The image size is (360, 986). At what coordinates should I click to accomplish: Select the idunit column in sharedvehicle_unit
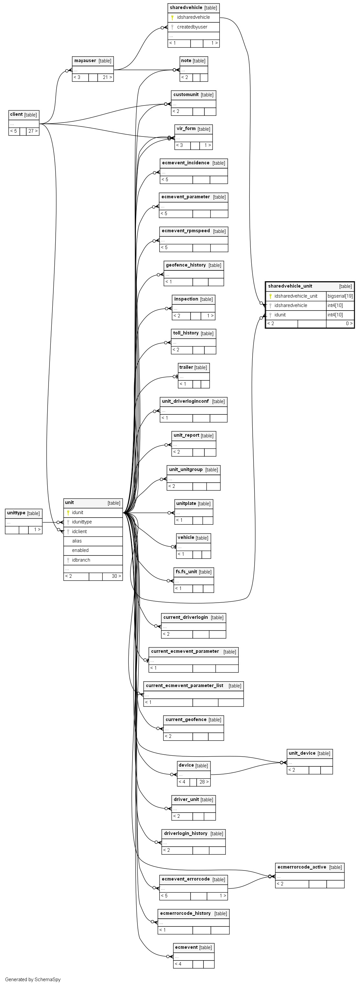[280, 315]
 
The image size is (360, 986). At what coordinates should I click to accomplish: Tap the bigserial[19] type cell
[340, 296]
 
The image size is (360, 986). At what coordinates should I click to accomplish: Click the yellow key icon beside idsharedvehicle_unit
[270, 296]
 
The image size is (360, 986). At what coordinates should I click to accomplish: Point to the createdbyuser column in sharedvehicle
[192, 27]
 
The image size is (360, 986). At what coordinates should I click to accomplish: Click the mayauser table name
[85, 60]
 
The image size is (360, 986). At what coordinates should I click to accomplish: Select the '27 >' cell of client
[33, 131]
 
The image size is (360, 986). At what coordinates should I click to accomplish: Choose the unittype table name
[16, 513]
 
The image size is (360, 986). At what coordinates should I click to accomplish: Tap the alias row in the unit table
[77, 541]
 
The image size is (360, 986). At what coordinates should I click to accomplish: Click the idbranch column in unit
[81, 560]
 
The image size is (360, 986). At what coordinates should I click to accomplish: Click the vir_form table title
[186, 129]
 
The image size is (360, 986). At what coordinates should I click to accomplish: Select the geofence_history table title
[186, 265]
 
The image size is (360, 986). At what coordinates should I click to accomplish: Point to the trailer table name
[186, 367]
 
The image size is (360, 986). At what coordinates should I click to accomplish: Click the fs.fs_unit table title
[186, 572]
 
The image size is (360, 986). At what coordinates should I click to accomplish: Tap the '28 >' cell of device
[204, 782]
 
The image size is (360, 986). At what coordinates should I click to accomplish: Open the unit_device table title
[302, 753]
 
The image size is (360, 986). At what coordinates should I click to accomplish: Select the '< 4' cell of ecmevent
[178, 964]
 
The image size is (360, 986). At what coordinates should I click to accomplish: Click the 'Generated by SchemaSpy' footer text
[33, 980]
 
